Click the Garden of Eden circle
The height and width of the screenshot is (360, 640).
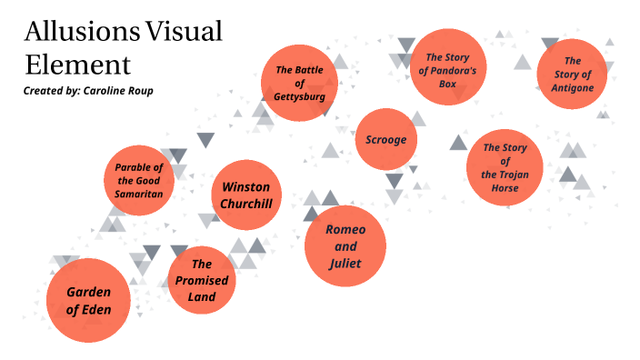tap(88, 300)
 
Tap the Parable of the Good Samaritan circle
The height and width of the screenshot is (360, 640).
tap(139, 181)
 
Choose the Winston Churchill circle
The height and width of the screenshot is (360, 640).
tap(245, 195)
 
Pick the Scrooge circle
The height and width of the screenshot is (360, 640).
tap(386, 139)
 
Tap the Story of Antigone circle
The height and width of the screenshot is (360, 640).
tap(572, 75)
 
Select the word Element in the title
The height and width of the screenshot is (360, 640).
tap(77, 65)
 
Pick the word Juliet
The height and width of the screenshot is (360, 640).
tap(345, 264)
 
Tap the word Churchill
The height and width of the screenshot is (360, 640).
tap(245, 203)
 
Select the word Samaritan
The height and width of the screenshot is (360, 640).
tap(139, 194)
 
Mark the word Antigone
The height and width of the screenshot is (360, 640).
tap(572, 88)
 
